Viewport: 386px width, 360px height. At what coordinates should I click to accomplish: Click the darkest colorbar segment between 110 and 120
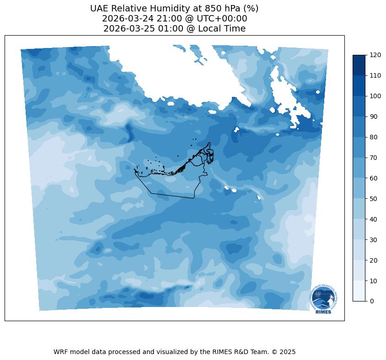(x=359, y=65)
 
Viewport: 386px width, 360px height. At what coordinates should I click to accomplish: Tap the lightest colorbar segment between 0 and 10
(x=359, y=291)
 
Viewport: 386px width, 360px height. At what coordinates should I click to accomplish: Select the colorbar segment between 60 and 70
(x=359, y=168)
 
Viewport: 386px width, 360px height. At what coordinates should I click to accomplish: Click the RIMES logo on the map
(x=323, y=300)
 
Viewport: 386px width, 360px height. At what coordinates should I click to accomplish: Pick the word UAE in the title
(x=99, y=9)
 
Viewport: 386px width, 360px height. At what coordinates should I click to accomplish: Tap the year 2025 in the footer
(x=287, y=352)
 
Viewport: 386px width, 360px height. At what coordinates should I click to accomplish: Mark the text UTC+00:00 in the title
(x=220, y=19)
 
